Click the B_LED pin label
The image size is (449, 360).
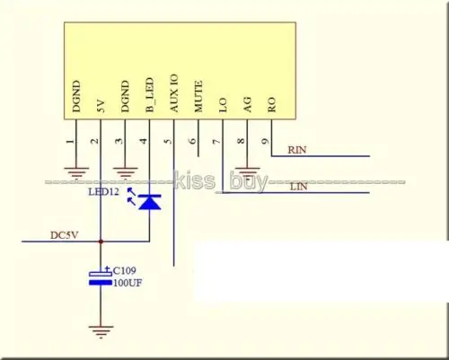(150, 95)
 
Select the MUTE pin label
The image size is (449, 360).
(198, 96)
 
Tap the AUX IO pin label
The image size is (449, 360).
(174, 93)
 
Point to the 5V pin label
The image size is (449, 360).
(101, 106)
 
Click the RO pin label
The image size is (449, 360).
(271, 105)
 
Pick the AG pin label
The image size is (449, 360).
(247, 105)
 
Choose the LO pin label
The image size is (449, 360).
(223, 105)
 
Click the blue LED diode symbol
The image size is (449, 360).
(150, 201)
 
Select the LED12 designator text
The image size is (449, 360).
(103, 191)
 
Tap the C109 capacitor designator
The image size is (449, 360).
(125, 270)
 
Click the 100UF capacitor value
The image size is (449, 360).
(128, 283)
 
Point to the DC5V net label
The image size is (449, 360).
(65, 235)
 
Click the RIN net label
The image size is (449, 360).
(297, 150)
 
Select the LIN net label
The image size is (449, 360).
(299, 187)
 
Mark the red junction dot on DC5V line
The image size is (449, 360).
(101, 241)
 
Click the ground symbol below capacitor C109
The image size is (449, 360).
(101, 332)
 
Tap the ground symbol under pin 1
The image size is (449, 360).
(76, 172)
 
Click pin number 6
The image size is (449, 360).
(193, 140)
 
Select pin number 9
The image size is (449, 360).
(266, 141)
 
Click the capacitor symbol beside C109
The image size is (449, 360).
(101, 278)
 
